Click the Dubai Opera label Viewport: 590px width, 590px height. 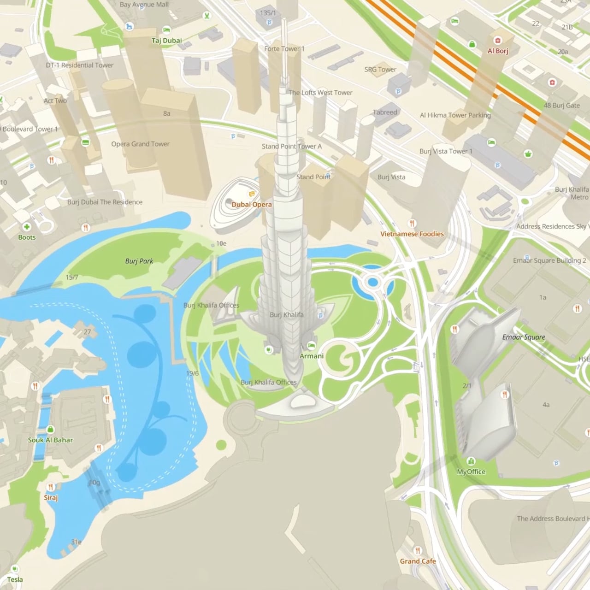point(252,205)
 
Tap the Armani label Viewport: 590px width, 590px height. point(312,356)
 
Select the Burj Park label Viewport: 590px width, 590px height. point(139,261)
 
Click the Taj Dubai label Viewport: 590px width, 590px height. point(166,41)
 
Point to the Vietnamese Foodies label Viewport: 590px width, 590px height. point(412,234)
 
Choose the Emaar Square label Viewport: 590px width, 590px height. point(524,337)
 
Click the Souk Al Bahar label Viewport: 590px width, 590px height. point(50,440)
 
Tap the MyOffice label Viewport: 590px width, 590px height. point(471,472)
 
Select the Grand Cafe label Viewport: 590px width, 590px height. point(418,561)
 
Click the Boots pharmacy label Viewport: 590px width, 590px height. point(27,237)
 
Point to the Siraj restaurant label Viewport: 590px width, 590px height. point(51,497)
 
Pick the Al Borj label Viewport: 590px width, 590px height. point(498,51)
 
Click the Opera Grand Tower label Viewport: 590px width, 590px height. point(140,144)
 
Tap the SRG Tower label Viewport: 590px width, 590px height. point(380,70)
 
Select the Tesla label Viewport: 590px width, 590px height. point(15,579)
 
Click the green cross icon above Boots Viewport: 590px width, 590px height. point(27,227)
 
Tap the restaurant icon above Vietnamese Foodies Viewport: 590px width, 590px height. point(412,224)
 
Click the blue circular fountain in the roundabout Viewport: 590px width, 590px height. point(372,282)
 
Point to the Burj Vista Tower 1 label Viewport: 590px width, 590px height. point(446,151)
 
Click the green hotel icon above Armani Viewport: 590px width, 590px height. point(312,345)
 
